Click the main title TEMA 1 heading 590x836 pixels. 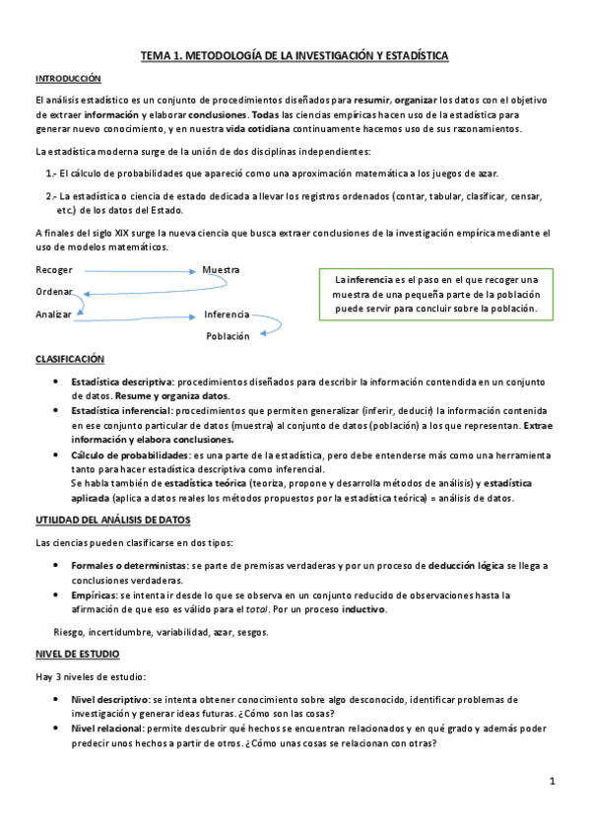click(295, 57)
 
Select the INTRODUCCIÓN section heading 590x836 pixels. click(68, 78)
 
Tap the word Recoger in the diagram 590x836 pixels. click(54, 269)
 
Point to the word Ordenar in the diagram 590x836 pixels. click(54, 291)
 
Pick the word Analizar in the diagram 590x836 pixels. click(54, 314)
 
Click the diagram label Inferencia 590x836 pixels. click(227, 314)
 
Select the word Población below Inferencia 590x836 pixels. click(229, 336)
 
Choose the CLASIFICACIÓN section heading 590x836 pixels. click(69, 360)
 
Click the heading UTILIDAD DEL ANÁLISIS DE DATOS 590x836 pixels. click(112, 520)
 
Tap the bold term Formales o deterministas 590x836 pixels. click(128, 567)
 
